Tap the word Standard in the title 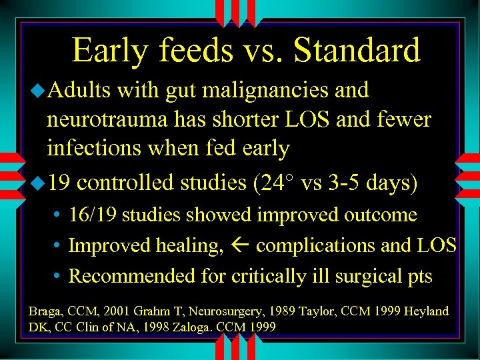356,51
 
